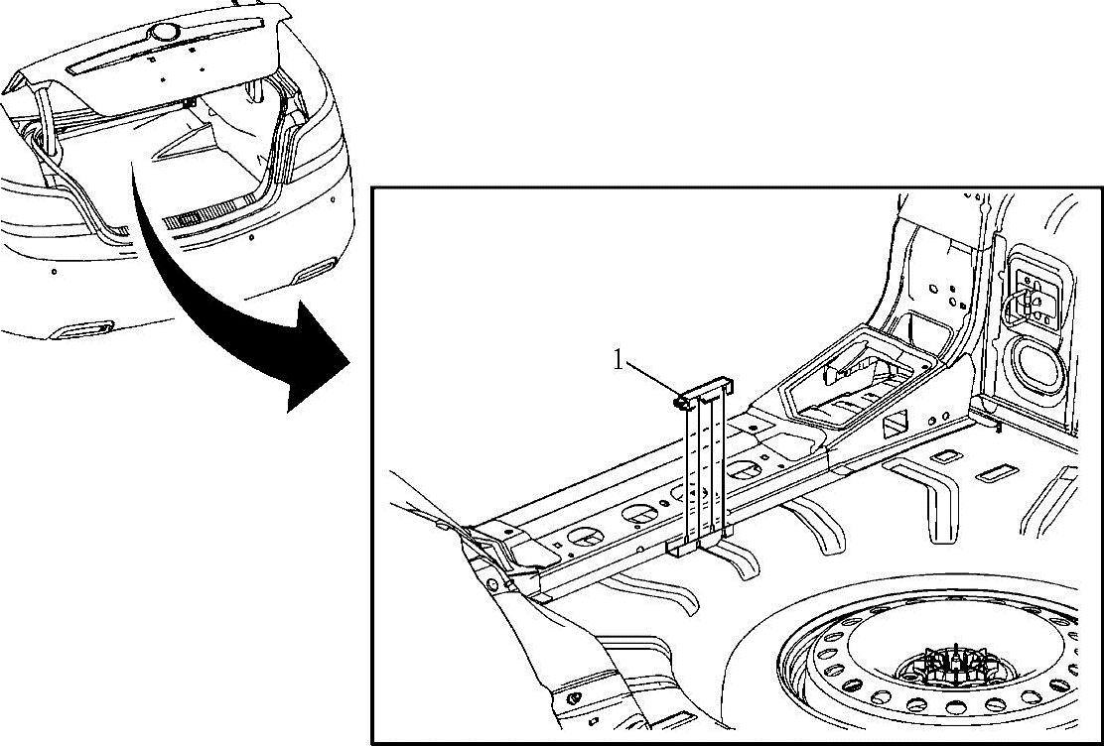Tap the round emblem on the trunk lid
click(160, 33)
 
